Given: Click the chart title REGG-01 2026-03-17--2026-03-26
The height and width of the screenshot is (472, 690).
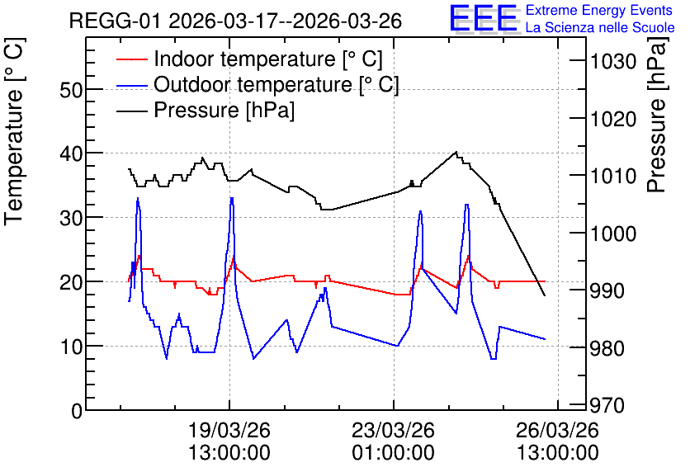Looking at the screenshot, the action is (x=235, y=21).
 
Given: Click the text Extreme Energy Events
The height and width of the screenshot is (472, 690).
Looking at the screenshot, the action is (x=599, y=10).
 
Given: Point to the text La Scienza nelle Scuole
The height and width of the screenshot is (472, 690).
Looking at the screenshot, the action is (x=600, y=27).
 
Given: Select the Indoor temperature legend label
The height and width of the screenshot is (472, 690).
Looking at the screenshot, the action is (x=268, y=59).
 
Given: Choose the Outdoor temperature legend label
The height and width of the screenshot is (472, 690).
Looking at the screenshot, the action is (x=276, y=84).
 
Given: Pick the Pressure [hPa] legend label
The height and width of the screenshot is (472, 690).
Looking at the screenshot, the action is (x=224, y=110).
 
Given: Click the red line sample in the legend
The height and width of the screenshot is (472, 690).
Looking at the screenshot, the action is (x=132, y=59).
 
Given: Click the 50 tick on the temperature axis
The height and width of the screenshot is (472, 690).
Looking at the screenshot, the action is (x=71, y=91).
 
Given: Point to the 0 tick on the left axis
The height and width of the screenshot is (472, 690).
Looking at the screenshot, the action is (x=77, y=411).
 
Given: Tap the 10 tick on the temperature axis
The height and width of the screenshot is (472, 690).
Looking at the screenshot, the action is (x=71, y=347).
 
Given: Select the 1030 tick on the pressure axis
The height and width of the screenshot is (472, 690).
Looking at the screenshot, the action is (x=613, y=61).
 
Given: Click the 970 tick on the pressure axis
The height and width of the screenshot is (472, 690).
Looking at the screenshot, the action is (x=607, y=405).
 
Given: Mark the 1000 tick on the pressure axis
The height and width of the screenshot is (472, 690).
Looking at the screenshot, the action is (x=613, y=234).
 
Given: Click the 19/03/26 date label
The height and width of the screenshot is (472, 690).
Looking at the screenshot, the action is (x=229, y=430).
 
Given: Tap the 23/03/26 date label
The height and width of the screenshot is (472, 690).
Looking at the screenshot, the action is (x=394, y=430).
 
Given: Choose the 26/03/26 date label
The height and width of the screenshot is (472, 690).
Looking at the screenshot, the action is (x=558, y=430).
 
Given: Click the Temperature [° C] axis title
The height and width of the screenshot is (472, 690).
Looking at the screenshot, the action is (x=14, y=131).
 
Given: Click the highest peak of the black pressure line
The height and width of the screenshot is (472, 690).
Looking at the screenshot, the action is (x=456, y=152).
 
